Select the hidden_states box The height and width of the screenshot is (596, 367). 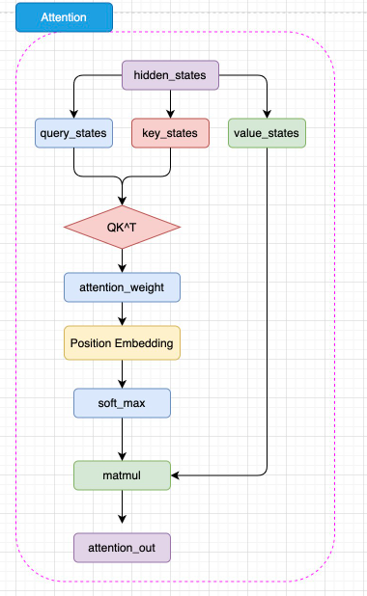[x=170, y=74]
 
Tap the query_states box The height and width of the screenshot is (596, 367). [x=74, y=132]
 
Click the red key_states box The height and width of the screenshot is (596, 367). [x=170, y=132]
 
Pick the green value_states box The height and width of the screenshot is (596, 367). [x=268, y=132]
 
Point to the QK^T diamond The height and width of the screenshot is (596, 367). [x=123, y=229]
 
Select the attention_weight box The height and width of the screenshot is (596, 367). [x=123, y=287]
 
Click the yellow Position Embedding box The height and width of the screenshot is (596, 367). [x=123, y=343]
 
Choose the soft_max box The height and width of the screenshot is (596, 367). [x=123, y=402]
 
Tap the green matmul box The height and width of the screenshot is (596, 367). [x=123, y=474]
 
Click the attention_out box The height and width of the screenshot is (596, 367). [x=123, y=548]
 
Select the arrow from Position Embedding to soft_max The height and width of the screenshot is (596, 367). [x=123, y=373]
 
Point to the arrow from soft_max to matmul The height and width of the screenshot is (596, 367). [x=123, y=439]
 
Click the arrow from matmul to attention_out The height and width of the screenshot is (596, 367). [x=123, y=510]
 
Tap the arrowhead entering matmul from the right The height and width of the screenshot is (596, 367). [x=177, y=474]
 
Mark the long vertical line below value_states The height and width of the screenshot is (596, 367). [x=268, y=309]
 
